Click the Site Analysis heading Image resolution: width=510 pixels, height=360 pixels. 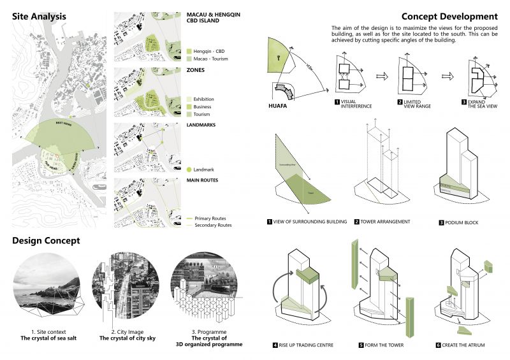[41, 17]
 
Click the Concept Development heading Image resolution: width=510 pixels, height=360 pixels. [449, 17]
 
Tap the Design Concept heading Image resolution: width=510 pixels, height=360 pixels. [46, 240]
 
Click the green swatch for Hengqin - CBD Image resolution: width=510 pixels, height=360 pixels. [189, 50]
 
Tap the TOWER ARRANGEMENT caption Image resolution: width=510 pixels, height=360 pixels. [386, 222]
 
